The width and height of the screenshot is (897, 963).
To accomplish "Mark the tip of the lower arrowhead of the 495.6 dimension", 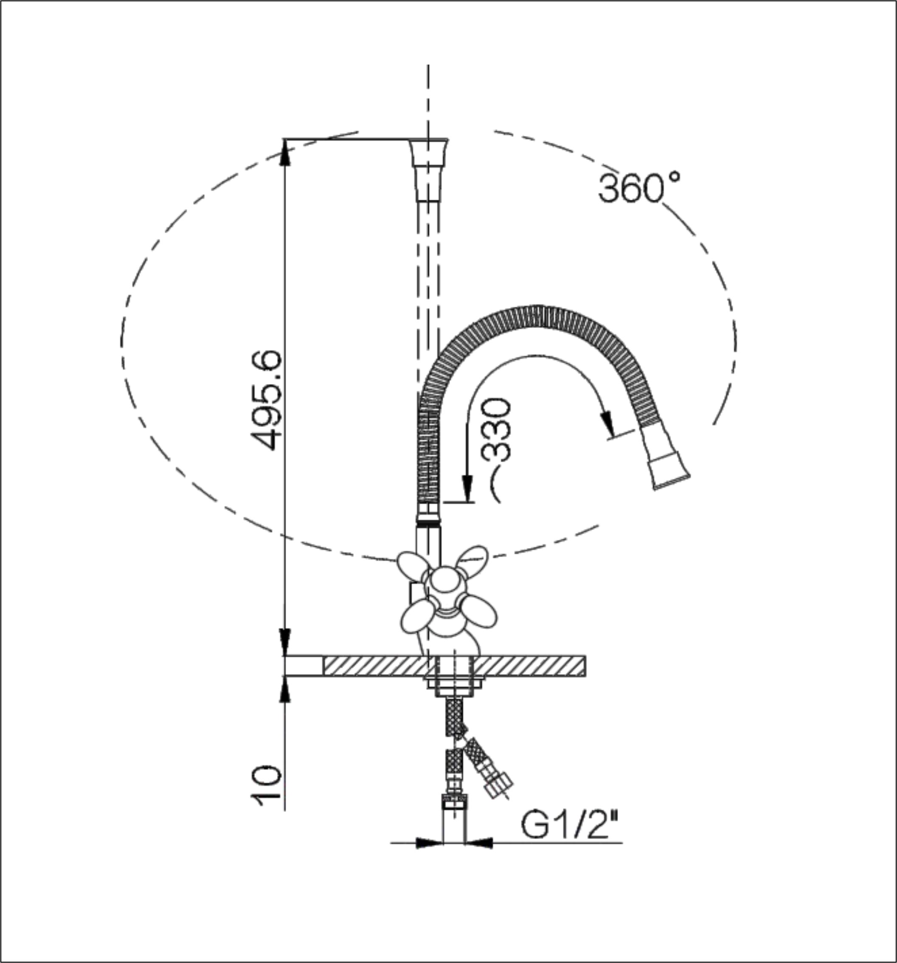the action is (285, 656).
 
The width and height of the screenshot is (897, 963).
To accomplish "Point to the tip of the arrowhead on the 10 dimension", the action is (285, 676).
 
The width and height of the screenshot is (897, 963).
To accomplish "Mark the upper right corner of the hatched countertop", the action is (586, 656).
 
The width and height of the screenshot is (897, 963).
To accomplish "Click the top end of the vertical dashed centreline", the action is (428, 65).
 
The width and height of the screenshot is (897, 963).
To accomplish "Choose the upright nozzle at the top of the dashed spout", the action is (428, 170).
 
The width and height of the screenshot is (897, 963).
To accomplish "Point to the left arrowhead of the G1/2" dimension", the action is (430, 843).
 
